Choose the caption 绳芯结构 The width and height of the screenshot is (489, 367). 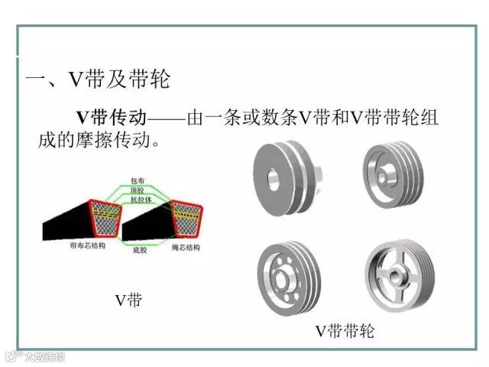pyautogui.click(x=184, y=248)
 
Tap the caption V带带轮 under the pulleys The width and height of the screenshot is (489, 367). pyautogui.click(x=345, y=331)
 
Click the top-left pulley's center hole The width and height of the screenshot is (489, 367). pyautogui.click(x=273, y=183)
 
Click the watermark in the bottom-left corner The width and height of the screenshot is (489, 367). pyautogui.click(x=34, y=356)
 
